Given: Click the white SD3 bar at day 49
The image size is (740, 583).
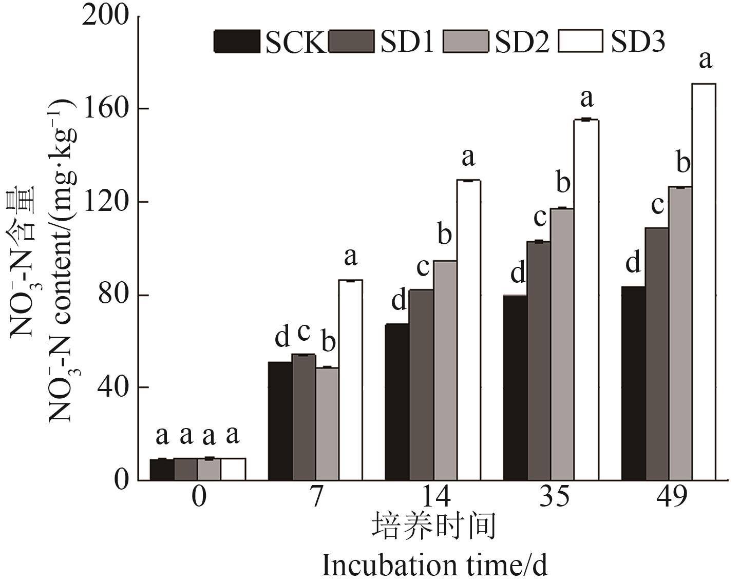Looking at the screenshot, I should (704, 282).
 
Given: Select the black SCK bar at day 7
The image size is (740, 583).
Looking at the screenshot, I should (280, 421).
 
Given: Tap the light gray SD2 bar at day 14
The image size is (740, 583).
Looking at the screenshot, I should (445, 371).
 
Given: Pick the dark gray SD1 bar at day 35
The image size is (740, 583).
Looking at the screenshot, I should (539, 361).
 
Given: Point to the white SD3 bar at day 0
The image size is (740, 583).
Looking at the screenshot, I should (233, 469).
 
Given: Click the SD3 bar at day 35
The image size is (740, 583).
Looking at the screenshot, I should (586, 300).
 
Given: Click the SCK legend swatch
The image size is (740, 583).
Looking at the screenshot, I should (237, 42).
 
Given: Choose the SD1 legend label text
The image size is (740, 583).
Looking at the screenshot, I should (407, 42).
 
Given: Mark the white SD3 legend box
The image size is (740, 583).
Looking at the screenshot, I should (580, 42).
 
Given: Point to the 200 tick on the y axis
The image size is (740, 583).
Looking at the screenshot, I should (106, 16).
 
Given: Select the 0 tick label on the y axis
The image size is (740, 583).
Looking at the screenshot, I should (122, 480).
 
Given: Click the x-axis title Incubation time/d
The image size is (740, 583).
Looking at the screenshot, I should (434, 566).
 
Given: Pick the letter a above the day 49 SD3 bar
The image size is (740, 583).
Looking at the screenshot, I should (706, 60).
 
